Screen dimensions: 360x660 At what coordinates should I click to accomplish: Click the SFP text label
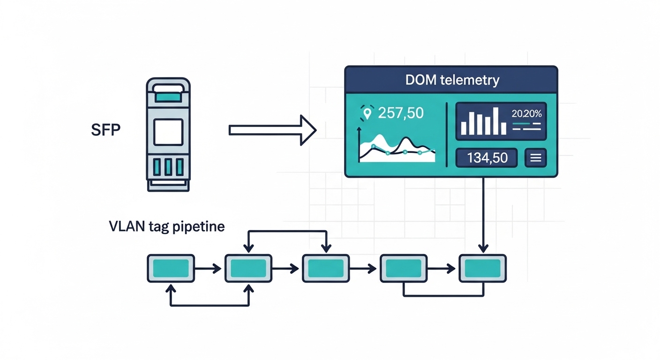pyautogui.click(x=105, y=130)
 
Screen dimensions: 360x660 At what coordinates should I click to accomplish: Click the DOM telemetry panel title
pyautogui.click(x=452, y=80)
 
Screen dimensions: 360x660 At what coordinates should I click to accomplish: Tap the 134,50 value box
pyautogui.click(x=487, y=158)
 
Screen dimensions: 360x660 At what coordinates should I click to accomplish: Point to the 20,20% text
pyautogui.click(x=526, y=113)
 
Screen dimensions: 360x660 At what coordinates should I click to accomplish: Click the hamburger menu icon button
pyautogui.click(x=535, y=158)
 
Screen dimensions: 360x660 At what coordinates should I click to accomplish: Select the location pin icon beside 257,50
pyautogui.click(x=367, y=113)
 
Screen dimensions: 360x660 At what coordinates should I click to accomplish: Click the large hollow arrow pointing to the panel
pyautogui.click(x=272, y=130)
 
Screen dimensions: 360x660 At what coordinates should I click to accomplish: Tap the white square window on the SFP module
pyautogui.click(x=168, y=132)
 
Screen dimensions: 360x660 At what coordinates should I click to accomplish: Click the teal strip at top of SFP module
pyautogui.click(x=168, y=97)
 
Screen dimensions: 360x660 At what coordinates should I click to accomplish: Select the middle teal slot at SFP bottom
pyautogui.click(x=168, y=167)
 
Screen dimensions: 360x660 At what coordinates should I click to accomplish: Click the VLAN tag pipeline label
pyautogui.click(x=166, y=227)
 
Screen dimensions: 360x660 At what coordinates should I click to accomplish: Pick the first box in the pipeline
pyautogui.click(x=171, y=268)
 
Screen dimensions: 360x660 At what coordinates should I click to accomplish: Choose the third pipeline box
pyautogui.click(x=326, y=268)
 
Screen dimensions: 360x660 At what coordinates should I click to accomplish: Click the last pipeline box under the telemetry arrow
pyautogui.click(x=482, y=268)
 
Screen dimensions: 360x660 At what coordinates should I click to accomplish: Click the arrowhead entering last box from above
pyautogui.click(x=483, y=248)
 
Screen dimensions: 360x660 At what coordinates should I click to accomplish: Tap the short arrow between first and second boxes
pyautogui.click(x=209, y=269)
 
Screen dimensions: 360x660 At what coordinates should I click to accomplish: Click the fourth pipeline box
pyautogui.click(x=404, y=268)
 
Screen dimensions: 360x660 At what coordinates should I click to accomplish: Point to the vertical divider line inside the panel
pyautogui.click(x=447, y=135)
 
